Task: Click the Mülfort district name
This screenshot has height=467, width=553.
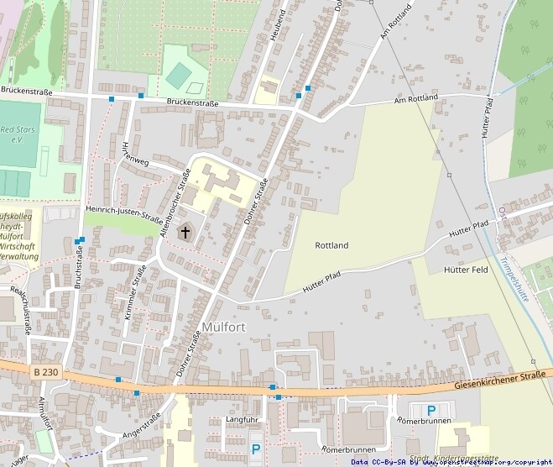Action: point(223,328)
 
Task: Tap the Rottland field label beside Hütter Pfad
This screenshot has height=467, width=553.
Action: point(331,245)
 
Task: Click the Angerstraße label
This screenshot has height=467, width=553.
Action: point(141,428)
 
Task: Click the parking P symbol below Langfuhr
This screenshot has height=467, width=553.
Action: point(256,449)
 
